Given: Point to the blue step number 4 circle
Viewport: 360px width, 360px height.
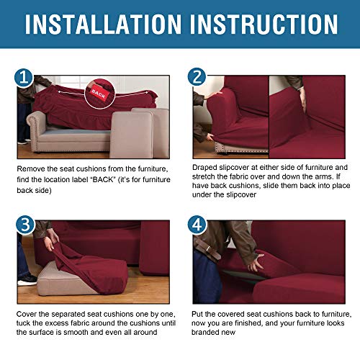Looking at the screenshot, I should (x=198, y=225).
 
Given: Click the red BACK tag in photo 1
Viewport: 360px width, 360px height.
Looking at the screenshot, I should (x=98, y=92).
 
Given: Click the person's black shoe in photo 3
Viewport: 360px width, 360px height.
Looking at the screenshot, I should (x=26, y=278).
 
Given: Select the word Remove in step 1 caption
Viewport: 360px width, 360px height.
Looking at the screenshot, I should (x=32, y=168).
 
